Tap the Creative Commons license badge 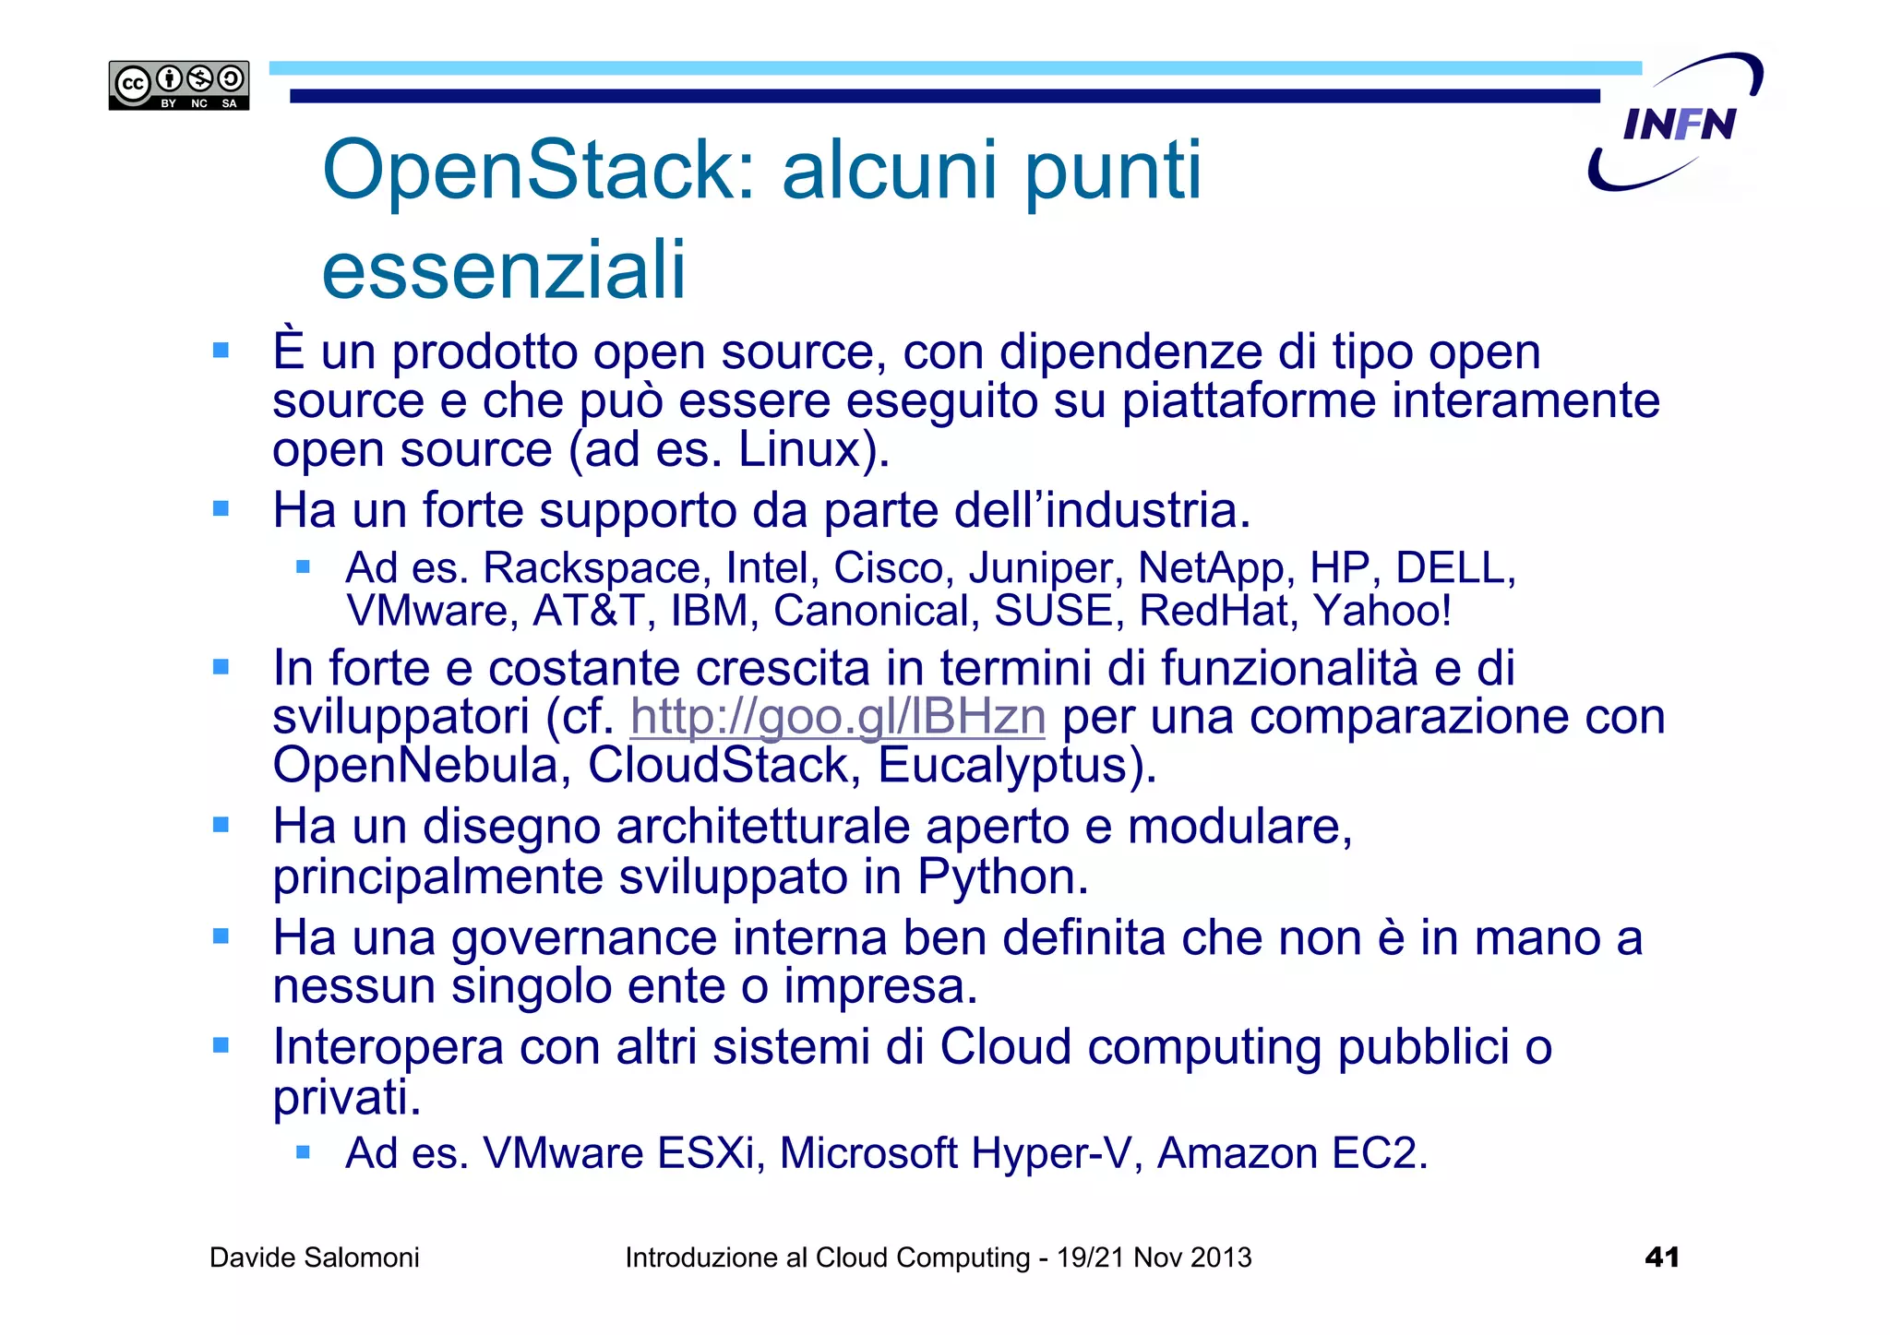179,86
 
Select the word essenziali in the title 504,269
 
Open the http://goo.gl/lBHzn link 837,717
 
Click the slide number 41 1661,1257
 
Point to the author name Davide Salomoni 314,1258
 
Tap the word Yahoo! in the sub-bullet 1382,611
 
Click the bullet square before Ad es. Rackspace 303,567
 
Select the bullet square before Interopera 221,1045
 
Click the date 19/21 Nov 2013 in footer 1154,1258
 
